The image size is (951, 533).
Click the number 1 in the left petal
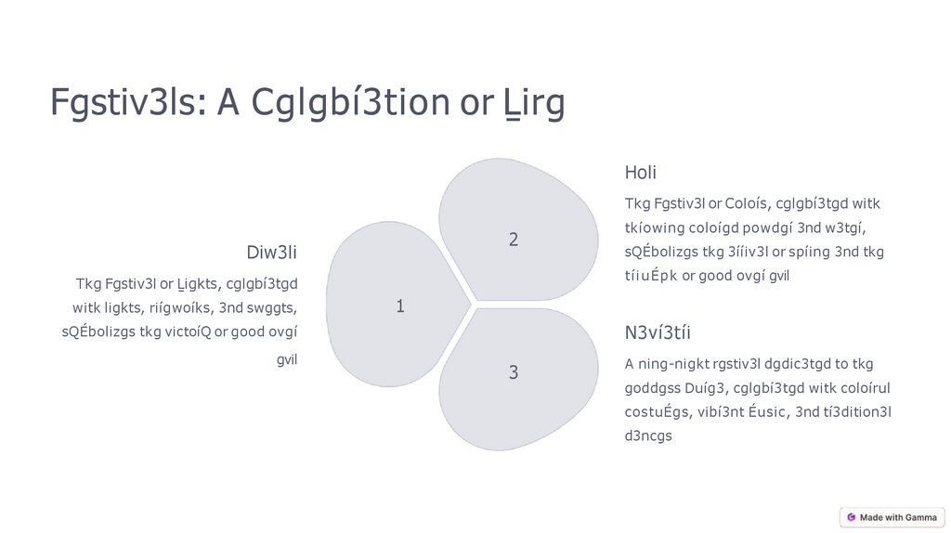[x=400, y=305]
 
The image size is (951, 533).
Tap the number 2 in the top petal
[x=513, y=240]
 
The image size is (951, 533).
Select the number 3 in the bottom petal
[x=513, y=372]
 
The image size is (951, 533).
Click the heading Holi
[x=641, y=172]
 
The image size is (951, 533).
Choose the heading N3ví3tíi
[x=658, y=332]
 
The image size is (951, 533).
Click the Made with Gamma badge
[x=892, y=517]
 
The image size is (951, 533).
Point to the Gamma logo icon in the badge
[x=851, y=517]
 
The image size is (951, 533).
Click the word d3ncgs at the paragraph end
[x=648, y=435]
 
